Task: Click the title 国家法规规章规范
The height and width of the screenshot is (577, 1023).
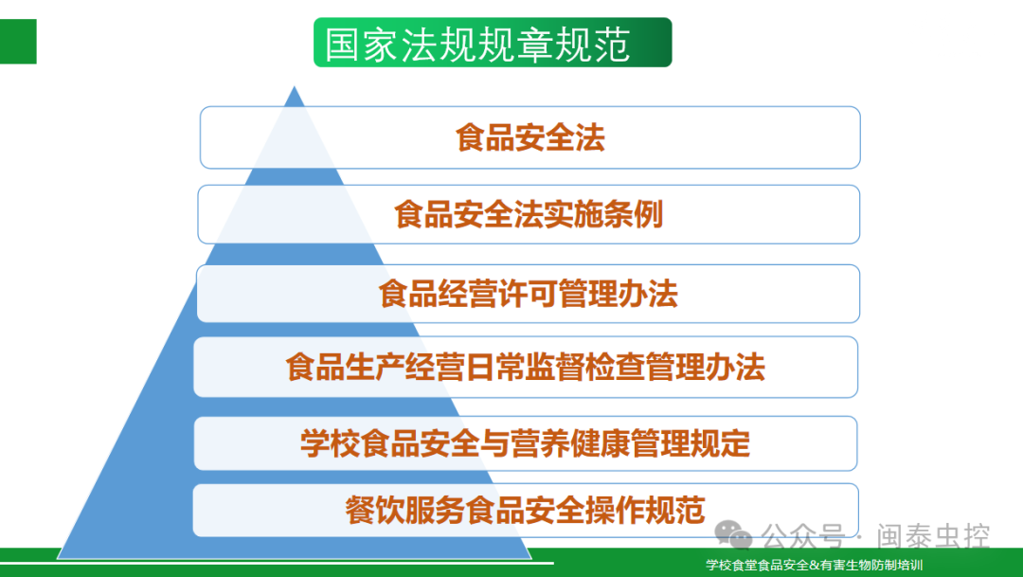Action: click(476, 45)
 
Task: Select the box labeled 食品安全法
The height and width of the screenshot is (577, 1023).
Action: click(529, 137)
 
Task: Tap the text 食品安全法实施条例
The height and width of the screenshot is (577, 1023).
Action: click(529, 215)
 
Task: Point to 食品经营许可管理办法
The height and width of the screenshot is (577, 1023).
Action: click(529, 294)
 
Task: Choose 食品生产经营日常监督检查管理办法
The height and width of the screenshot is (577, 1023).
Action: click(525, 367)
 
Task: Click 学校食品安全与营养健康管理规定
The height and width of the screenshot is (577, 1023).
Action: click(525, 443)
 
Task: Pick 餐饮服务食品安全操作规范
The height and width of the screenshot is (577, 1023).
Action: click(525, 510)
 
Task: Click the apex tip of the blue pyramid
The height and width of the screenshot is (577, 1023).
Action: click(295, 86)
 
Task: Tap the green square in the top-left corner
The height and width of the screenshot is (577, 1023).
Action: click(18, 42)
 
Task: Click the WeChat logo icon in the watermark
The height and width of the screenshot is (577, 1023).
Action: click(734, 535)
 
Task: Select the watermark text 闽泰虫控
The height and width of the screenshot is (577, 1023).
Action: click(933, 536)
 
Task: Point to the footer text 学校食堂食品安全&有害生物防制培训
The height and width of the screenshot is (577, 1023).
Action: click(815, 566)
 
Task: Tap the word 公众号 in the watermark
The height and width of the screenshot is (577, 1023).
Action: click(803, 536)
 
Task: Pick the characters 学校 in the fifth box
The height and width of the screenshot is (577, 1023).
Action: click(331, 443)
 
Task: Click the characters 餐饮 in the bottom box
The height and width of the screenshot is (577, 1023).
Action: click(375, 510)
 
